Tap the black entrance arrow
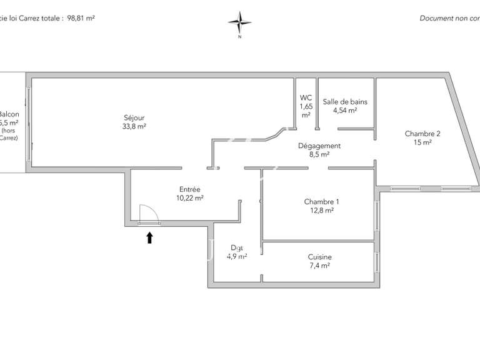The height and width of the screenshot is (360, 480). click(149, 237)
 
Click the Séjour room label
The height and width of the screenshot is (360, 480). click(134, 117)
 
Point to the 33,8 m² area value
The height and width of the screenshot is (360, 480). click(134, 126)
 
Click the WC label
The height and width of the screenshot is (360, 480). click(306, 97)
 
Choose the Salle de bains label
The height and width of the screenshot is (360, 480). click(345, 102)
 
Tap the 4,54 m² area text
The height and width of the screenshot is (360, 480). click(345, 111)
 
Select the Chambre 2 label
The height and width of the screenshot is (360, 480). click(422, 133)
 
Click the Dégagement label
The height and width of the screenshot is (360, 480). click(319, 146)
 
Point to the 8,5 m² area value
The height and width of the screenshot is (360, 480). click(319, 154)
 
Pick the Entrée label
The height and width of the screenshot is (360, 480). click(190, 189)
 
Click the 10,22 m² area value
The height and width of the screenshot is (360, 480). click(190, 198)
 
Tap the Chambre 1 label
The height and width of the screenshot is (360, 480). click(321, 202)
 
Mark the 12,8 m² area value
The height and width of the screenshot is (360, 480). click(321, 211)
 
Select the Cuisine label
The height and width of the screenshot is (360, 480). click(319, 257)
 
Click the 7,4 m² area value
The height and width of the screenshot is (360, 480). click(319, 266)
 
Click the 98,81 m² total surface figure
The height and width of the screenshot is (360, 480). click(81, 19)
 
